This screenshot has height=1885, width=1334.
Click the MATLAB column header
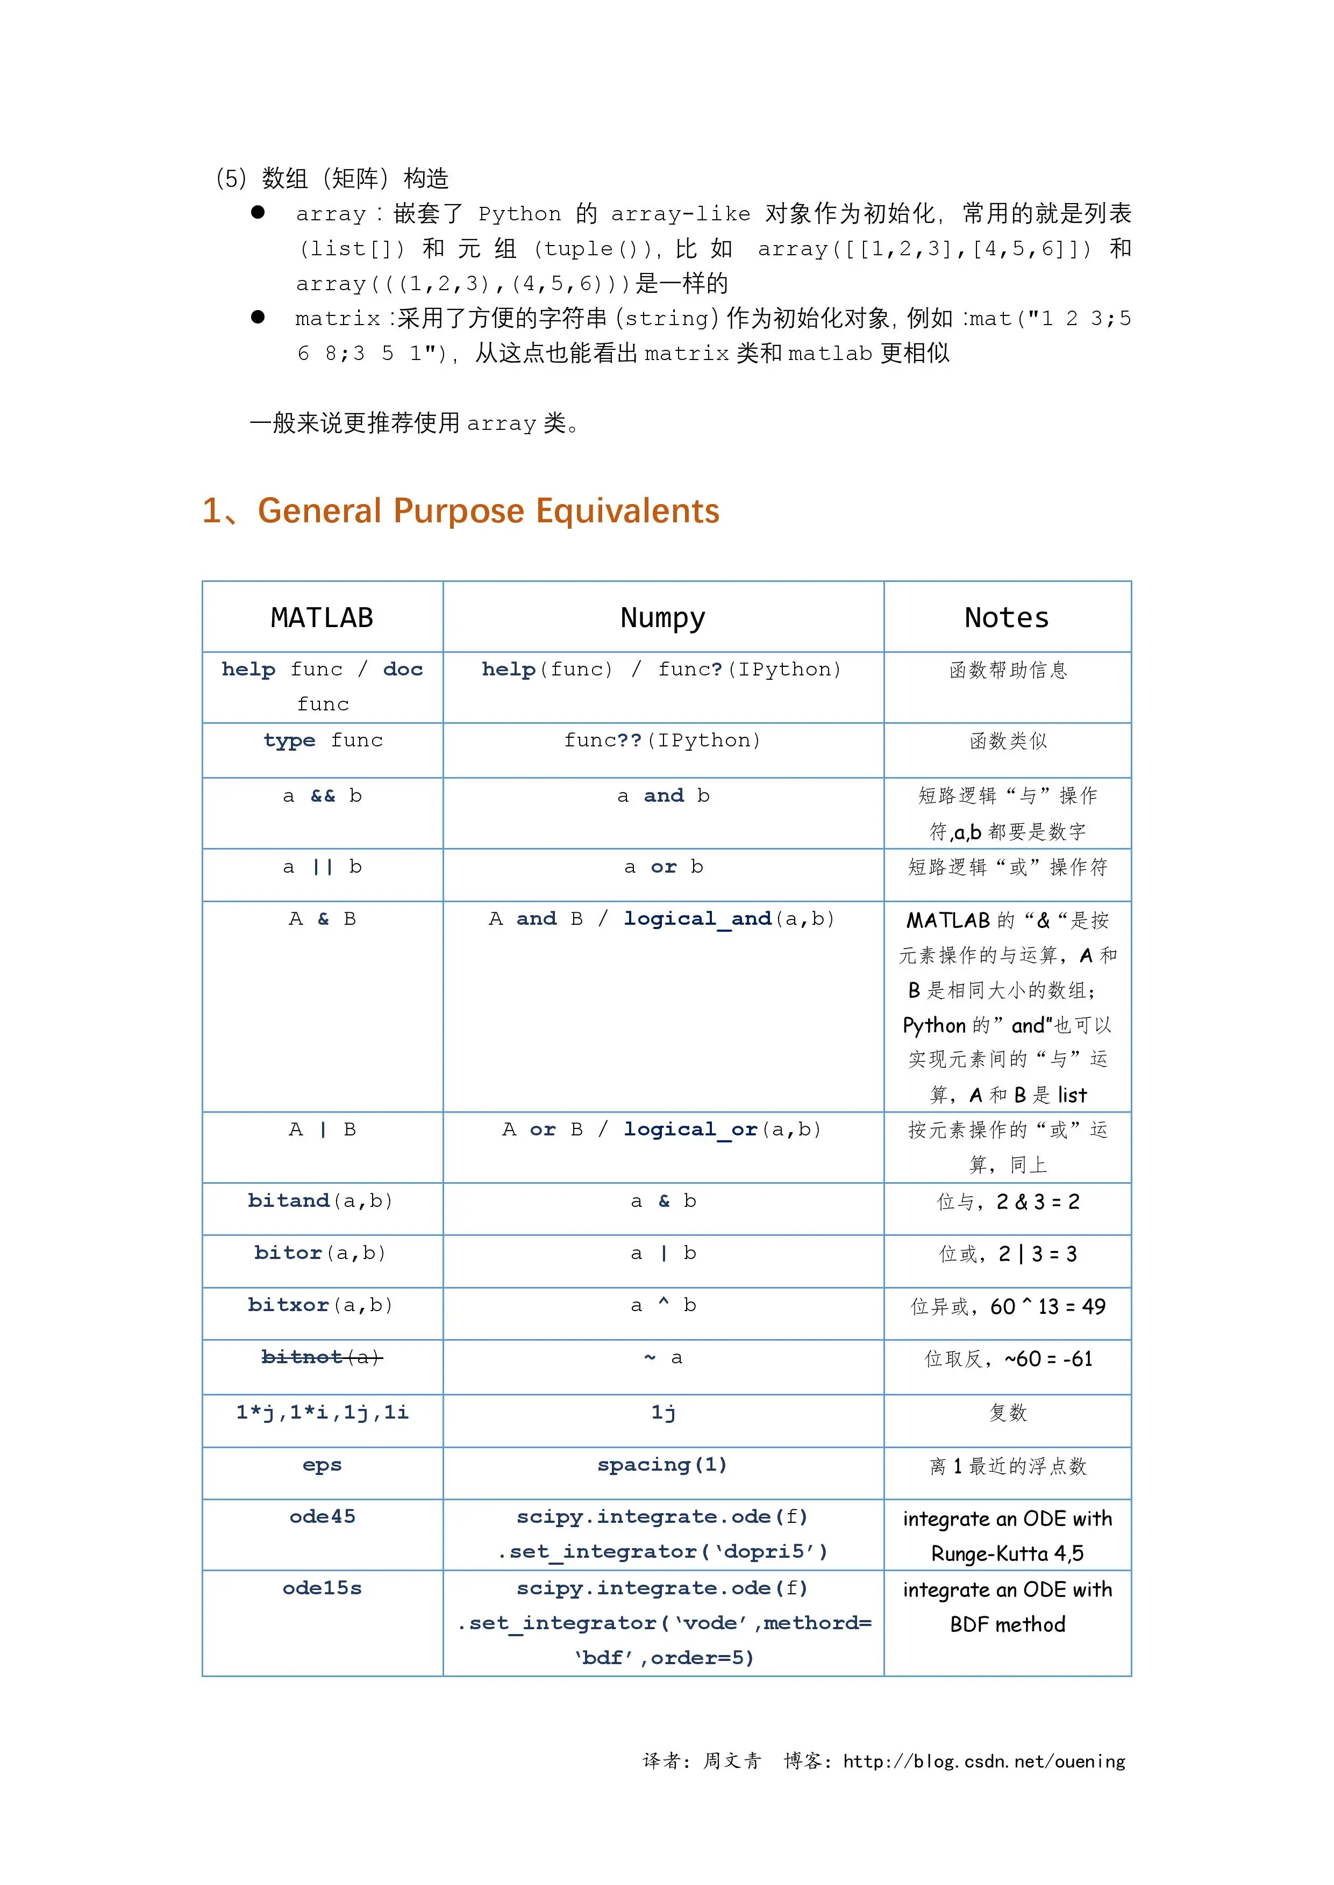[322, 617]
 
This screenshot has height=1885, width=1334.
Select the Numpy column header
[663, 617]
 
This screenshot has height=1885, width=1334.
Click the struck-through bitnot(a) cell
[322, 1357]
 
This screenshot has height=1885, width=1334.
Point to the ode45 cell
[322, 1516]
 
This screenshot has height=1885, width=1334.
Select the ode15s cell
[322, 1588]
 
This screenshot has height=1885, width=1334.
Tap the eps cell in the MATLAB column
[322, 1465]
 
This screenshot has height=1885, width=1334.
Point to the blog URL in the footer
[984, 1761]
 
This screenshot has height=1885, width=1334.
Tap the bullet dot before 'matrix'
[258, 317]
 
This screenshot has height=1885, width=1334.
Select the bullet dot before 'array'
[258, 213]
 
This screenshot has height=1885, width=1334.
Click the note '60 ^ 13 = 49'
[1047, 1306]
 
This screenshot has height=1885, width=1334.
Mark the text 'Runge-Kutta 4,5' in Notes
[1007, 1553]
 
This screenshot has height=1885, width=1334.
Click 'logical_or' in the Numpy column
[690, 1129]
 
